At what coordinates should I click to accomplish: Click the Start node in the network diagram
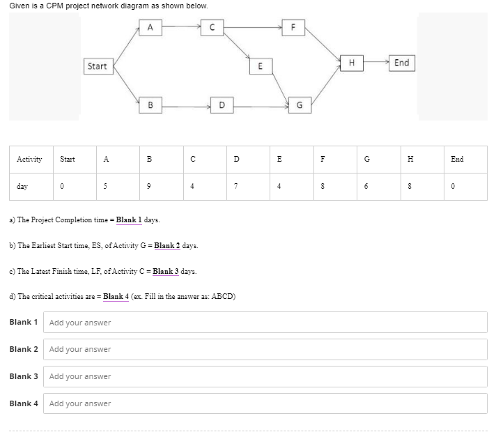point(98,66)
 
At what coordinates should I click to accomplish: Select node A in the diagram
point(150,27)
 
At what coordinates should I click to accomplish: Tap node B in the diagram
point(150,106)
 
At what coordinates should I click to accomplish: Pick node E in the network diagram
point(260,67)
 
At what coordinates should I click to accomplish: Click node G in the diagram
point(300,106)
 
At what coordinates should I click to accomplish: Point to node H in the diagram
point(352,63)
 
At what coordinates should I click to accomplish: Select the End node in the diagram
point(401,63)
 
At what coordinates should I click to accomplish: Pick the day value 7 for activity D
point(237,187)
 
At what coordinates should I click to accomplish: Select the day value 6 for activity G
point(368,187)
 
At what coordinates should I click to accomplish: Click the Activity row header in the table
point(29,159)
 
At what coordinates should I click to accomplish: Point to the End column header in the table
point(457,159)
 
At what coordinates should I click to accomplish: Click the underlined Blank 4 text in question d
point(116,297)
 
